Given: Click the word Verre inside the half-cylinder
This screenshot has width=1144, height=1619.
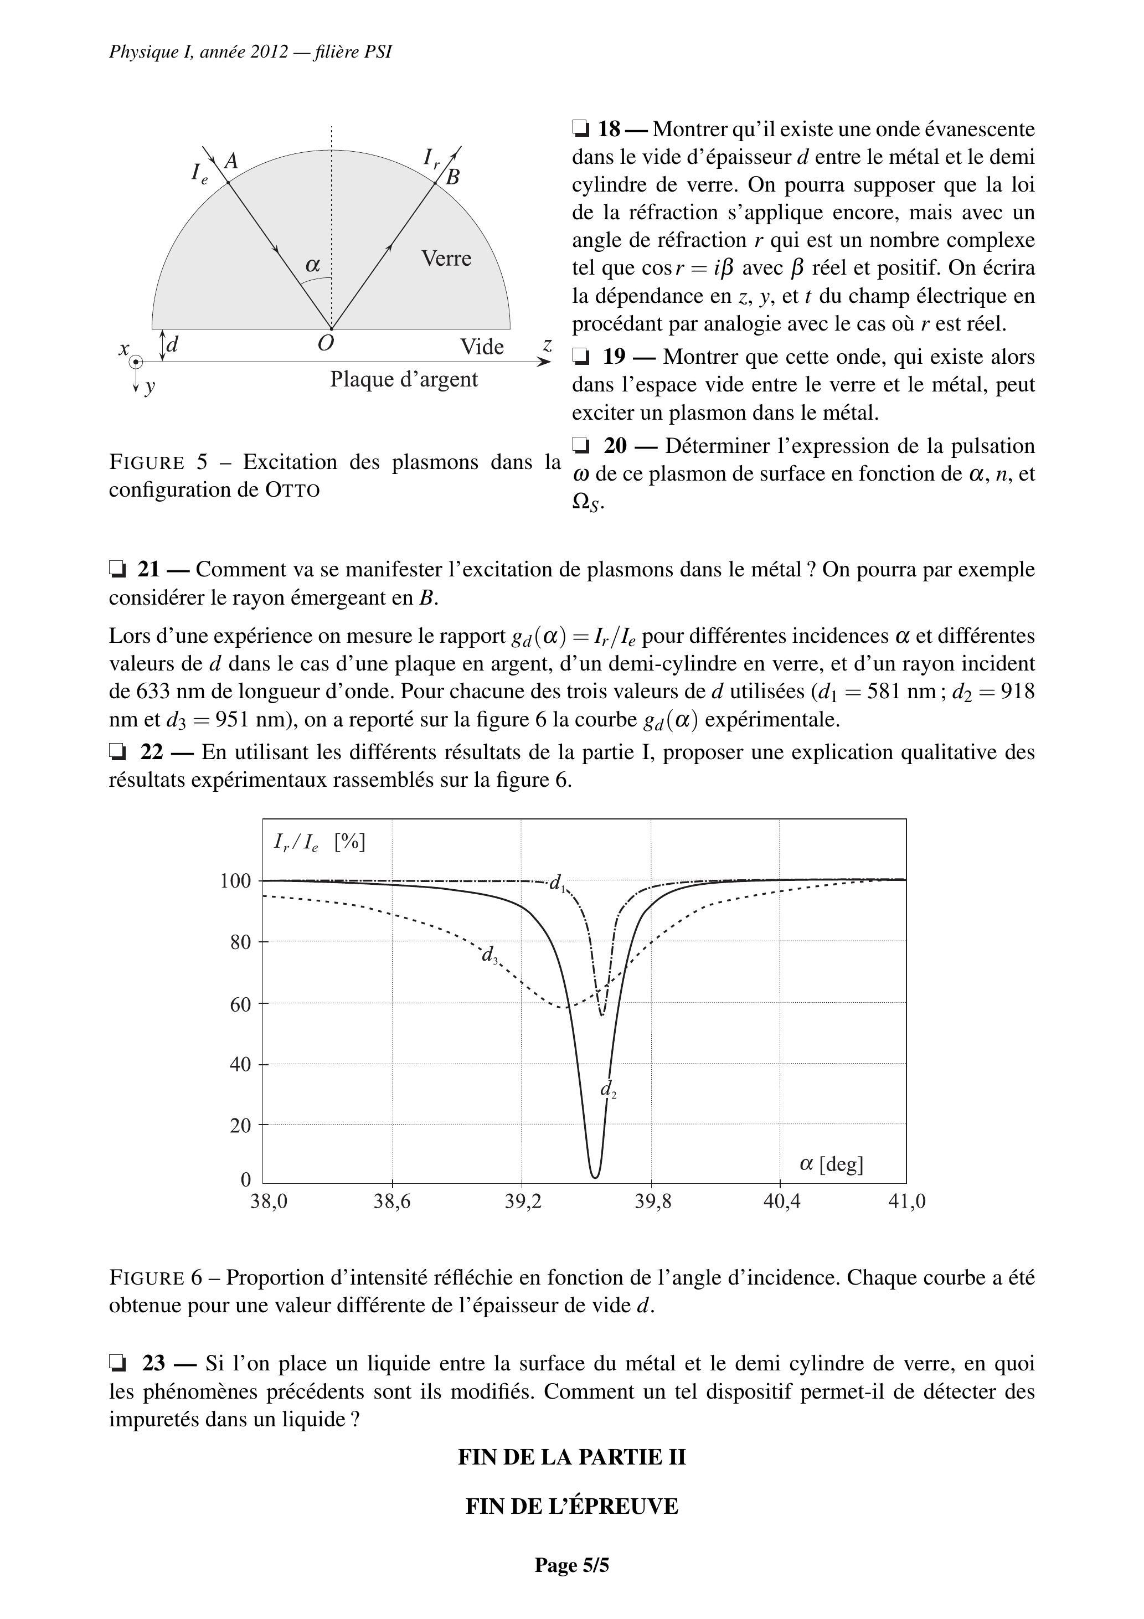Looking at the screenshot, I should pyautogui.click(x=446, y=258).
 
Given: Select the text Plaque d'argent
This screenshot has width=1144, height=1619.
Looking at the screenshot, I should pyautogui.click(x=404, y=379).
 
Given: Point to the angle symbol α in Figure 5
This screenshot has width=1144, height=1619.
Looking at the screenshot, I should pyautogui.click(x=312, y=265).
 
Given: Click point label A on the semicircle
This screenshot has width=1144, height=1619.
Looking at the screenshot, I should pyautogui.click(x=231, y=162).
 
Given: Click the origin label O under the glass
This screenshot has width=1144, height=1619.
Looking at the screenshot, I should pyautogui.click(x=325, y=343).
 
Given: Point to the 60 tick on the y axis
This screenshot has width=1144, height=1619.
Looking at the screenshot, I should pyautogui.click(x=240, y=1004).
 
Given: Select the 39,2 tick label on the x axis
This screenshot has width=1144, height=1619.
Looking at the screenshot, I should pyautogui.click(x=523, y=1202).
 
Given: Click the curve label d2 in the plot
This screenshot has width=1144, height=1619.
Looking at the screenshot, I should pyautogui.click(x=608, y=1090).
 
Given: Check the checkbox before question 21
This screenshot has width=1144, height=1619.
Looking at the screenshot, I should pyautogui.click(x=117, y=569).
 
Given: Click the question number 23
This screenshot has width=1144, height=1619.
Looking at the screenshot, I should pyautogui.click(x=153, y=1364).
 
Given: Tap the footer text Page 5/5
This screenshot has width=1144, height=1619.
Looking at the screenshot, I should pyautogui.click(x=571, y=1565).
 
